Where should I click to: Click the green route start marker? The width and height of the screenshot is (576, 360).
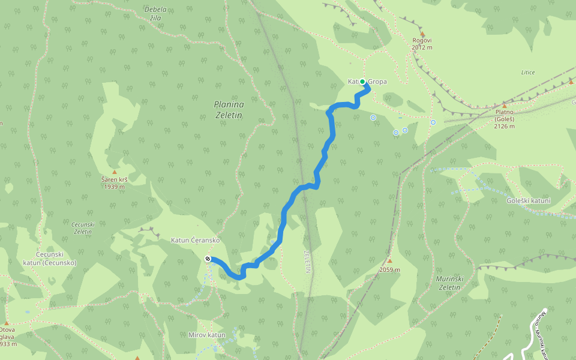[x=362, y=82]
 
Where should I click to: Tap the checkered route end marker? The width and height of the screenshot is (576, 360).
[x=208, y=259]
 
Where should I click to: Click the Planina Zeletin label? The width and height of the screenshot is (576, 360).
[x=229, y=109]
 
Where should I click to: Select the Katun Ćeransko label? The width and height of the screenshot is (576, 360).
[x=196, y=240]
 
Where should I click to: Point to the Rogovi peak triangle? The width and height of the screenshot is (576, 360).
[x=422, y=34]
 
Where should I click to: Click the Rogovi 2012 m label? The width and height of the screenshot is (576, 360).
[x=422, y=44]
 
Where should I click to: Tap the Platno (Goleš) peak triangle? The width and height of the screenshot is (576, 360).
[x=504, y=106]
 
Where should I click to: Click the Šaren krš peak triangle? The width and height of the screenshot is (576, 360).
[x=114, y=172]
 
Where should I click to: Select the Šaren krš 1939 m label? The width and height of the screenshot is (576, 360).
[x=113, y=183]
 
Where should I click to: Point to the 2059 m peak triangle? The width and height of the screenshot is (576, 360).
[x=389, y=261]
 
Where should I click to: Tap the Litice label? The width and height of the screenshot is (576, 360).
[x=528, y=73]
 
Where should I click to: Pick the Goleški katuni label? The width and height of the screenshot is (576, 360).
[x=528, y=200]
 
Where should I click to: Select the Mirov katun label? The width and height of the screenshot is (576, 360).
[x=206, y=335]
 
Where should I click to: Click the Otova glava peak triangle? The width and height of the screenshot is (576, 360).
[x=6, y=323]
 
